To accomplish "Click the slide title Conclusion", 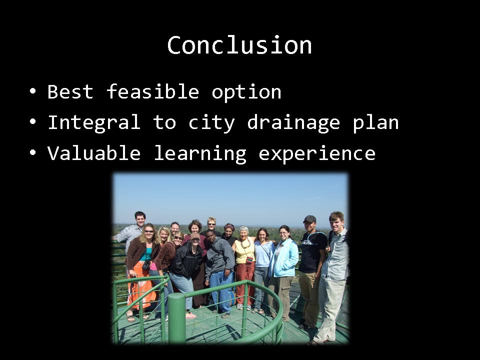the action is pos(239,45).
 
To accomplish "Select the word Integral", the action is pos(94,123).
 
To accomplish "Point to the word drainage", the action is pos(293,123).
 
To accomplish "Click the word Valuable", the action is pos(94,152).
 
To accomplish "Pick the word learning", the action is pos(200,153).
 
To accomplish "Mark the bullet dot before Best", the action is pos(33,91).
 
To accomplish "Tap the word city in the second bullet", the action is pos(211,123).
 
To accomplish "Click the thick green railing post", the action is pos(176,318).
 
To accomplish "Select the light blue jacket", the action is pos(283,258).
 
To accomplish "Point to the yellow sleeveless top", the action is pos(245,251).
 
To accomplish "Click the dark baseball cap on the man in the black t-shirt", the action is pos(309,219).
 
